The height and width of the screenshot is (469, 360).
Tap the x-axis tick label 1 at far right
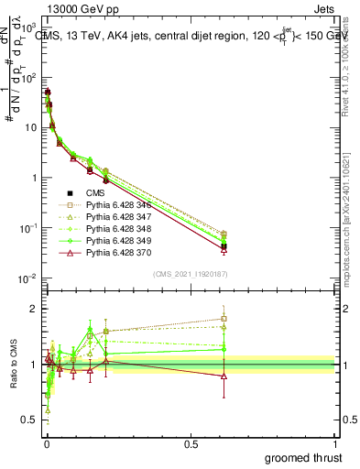click(335, 444)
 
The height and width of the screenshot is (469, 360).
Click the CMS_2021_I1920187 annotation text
click(190, 272)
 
